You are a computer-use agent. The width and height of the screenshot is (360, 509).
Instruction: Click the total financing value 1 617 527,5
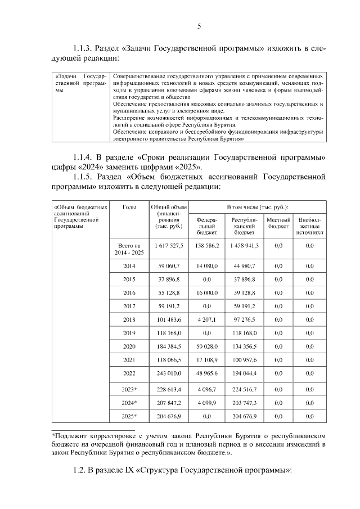(x=166, y=246)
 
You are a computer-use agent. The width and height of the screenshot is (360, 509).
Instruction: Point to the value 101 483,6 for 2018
(x=166, y=319)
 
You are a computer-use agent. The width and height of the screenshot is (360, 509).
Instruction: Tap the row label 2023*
(x=129, y=389)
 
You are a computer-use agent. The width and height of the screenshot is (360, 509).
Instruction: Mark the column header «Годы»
(x=129, y=207)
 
